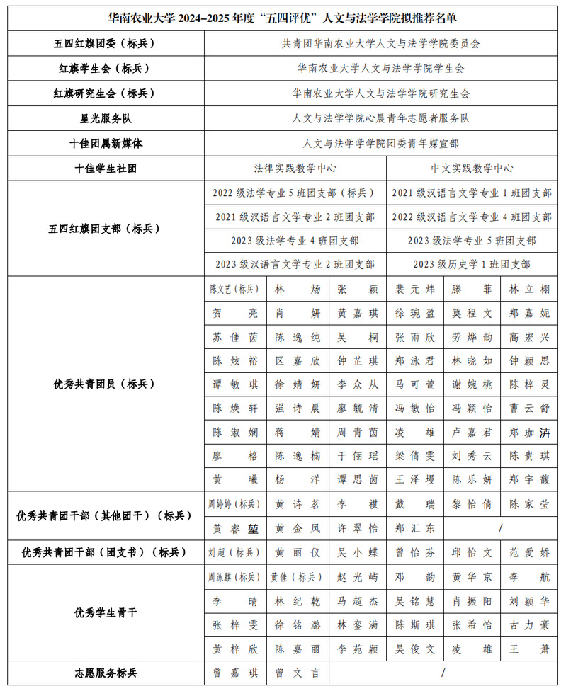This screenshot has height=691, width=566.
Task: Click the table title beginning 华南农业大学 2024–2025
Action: [x=283, y=17]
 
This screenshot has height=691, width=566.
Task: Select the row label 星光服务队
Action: [x=106, y=118]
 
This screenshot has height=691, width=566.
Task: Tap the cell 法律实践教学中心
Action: [x=295, y=169]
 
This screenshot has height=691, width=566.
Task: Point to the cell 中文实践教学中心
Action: [x=472, y=169]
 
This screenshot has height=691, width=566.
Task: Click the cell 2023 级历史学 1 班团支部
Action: [x=472, y=264]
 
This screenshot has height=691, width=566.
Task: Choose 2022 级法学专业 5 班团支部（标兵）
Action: [x=295, y=193]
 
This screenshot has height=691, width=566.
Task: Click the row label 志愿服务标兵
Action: [x=106, y=672]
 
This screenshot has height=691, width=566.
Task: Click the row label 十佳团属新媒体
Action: [x=106, y=143]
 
